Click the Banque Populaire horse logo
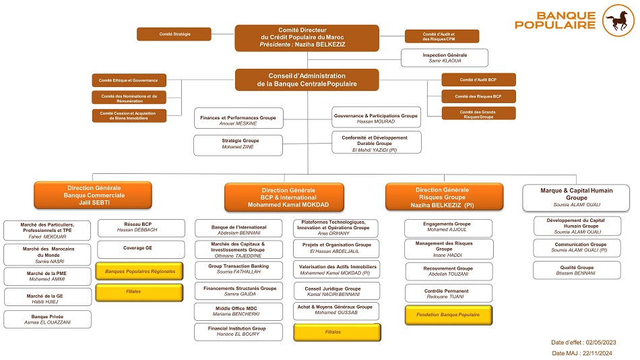tap(618, 20)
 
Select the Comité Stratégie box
tap(174, 34)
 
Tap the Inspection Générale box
tap(444, 58)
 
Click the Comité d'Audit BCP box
tap(478, 80)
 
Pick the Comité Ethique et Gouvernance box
tap(129, 80)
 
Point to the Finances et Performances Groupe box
tap(238, 120)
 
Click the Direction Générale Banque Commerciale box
tap(93, 195)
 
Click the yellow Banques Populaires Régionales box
tap(140, 271)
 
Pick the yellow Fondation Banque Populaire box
tap(447, 314)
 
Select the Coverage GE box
tap(140, 248)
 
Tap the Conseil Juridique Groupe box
tap(336, 291)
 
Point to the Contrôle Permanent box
tap(447, 293)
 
